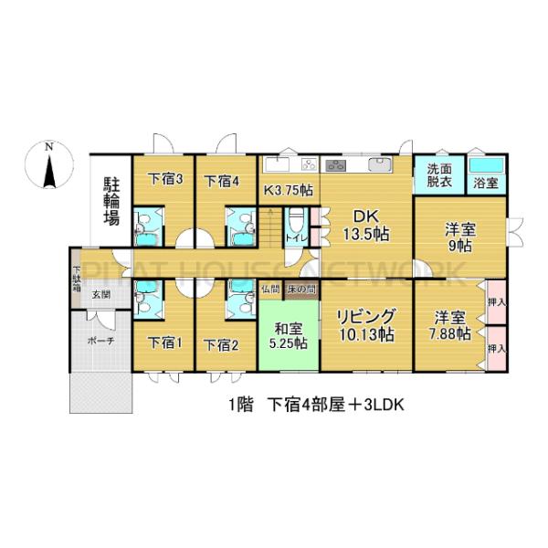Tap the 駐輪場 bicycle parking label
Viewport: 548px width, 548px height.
click(111, 202)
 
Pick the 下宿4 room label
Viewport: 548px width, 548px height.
click(222, 180)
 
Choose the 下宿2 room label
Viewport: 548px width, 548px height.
click(221, 344)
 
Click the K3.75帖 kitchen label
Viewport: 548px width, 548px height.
click(289, 191)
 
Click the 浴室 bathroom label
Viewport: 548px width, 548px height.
click(485, 183)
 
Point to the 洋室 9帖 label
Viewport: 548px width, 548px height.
click(458, 237)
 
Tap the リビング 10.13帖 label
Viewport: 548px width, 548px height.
click(365, 325)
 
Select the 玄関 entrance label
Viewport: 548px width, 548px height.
click(100, 295)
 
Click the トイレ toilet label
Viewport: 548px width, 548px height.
click(295, 238)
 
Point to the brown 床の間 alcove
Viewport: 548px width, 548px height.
click(300, 290)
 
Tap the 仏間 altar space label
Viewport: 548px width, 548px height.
click(270, 290)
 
